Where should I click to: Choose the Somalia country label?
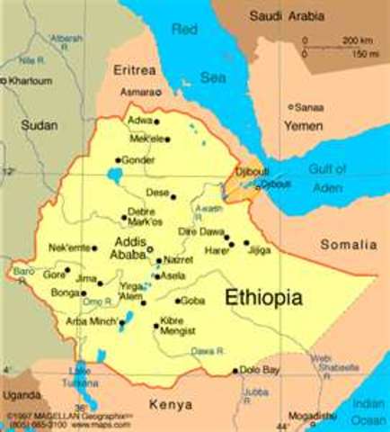pos(350,245)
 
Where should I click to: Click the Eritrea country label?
pos(135,69)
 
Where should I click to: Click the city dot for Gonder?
pos(118,161)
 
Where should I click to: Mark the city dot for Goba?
pos(178,301)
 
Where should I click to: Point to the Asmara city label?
pos(138,92)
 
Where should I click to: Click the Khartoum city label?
pos(29,80)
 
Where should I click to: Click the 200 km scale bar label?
pos(359,40)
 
